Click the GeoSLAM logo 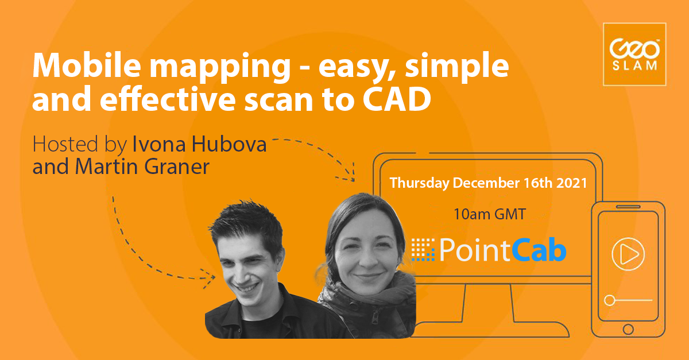tap(634, 54)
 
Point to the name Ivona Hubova tap(200, 144)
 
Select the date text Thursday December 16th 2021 tap(488, 183)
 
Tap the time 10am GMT tap(490, 215)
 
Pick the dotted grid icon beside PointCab tap(424, 250)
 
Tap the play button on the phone tap(628, 253)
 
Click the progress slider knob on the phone tap(610, 300)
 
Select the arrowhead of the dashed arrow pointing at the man tap(210, 278)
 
